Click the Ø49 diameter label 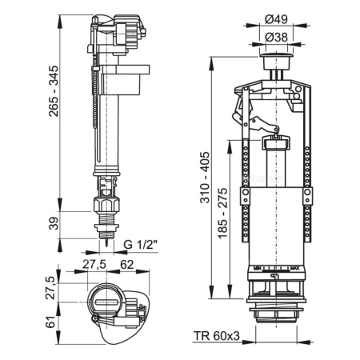[x=278, y=18]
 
